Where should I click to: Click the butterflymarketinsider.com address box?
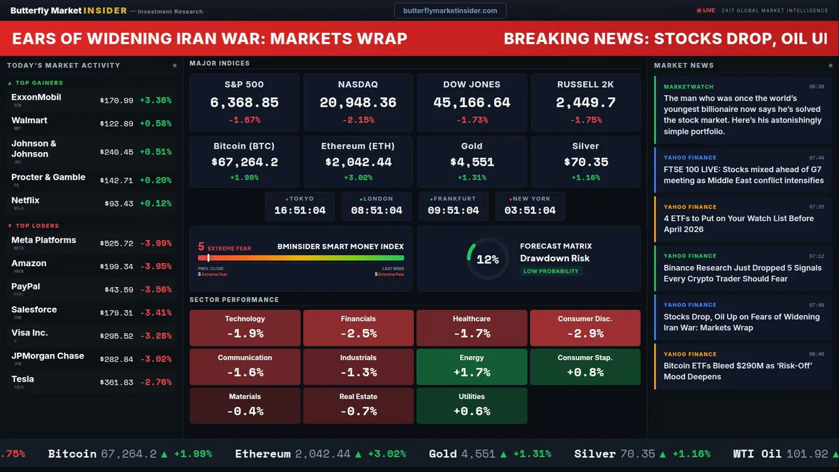click(450, 10)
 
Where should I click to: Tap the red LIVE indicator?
click(706, 10)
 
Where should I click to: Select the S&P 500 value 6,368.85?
click(244, 103)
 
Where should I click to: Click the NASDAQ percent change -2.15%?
click(358, 120)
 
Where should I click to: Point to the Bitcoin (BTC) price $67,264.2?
click(244, 162)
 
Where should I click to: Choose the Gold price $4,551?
click(471, 162)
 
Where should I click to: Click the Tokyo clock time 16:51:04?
click(300, 210)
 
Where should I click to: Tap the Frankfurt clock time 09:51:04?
click(453, 210)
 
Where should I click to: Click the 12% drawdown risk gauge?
click(487, 260)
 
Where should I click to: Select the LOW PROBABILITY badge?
click(551, 271)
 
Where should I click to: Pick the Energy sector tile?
click(471, 366)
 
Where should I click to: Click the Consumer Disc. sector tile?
click(585, 328)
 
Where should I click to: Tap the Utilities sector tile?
click(471, 405)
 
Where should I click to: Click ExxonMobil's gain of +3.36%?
click(155, 100)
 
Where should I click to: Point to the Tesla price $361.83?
click(116, 382)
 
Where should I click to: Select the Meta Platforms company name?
click(43, 240)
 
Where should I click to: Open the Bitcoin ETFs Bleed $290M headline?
click(737, 371)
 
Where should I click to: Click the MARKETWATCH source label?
click(688, 87)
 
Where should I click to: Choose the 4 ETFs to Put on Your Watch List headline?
click(738, 224)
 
